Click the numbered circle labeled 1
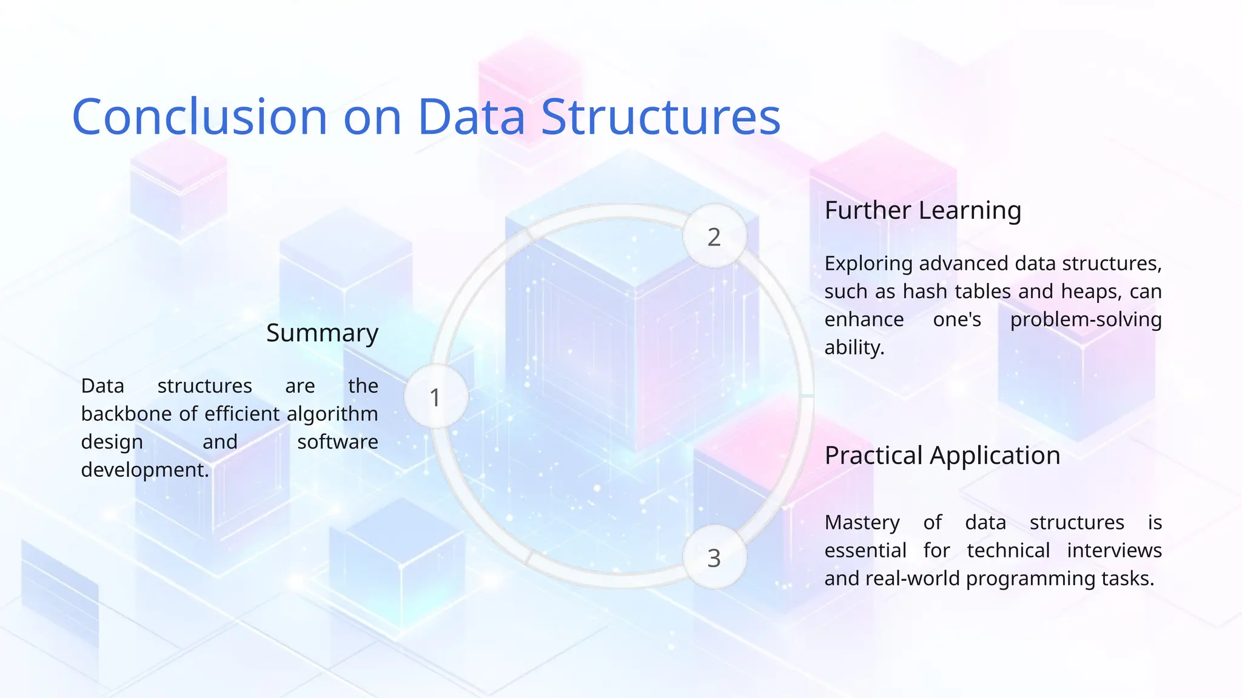click(435, 397)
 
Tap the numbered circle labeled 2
click(714, 236)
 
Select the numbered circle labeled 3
click(714, 557)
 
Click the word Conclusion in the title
click(200, 116)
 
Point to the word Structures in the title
click(660, 116)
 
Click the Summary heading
click(322, 333)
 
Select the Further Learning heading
click(922, 210)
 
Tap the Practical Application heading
click(942, 455)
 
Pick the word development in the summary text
click(144, 470)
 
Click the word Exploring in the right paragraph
click(868, 264)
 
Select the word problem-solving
click(1086, 319)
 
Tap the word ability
click(854, 347)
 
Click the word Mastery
click(862, 522)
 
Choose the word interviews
click(1114, 550)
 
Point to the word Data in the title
click(471, 116)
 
